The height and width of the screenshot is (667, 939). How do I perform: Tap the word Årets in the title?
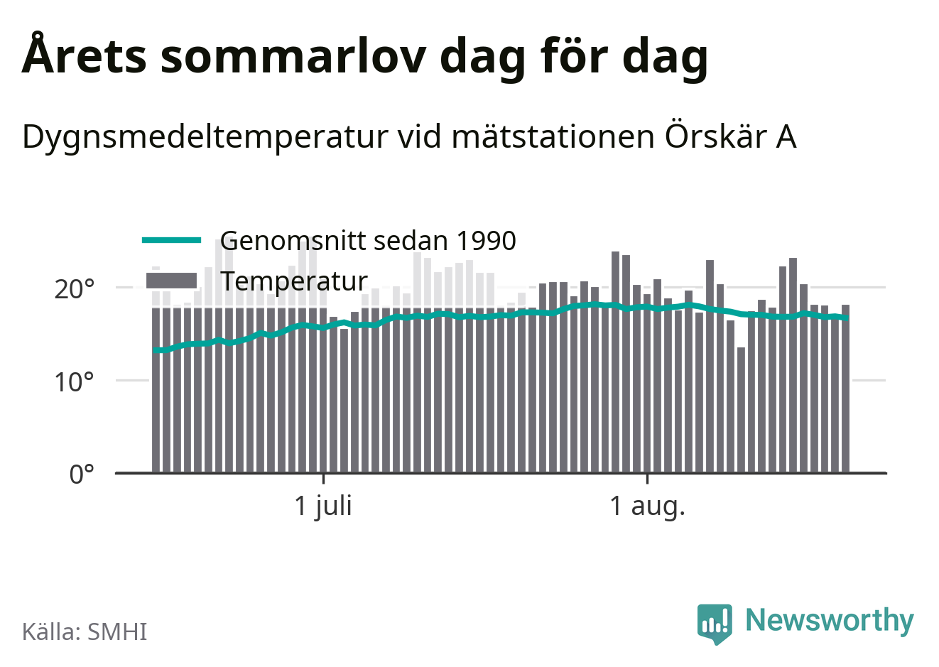pyautogui.click(x=84, y=53)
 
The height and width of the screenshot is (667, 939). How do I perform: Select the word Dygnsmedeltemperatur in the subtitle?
pyautogui.click(x=205, y=138)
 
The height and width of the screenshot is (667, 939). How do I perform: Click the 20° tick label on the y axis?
pyautogui.click(x=74, y=289)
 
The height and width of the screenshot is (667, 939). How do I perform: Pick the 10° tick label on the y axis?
pyautogui.click(x=74, y=382)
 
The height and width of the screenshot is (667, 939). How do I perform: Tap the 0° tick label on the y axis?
pyautogui.click(x=82, y=475)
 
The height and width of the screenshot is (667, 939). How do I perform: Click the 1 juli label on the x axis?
pyautogui.click(x=323, y=506)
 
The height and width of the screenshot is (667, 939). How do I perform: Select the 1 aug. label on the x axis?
pyautogui.click(x=647, y=506)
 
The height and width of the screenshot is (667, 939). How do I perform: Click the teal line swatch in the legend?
pyautogui.click(x=172, y=240)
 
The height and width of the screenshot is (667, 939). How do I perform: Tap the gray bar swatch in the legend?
pyautogui.click(x=171, y=281)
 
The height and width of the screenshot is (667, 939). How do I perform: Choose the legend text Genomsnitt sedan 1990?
pyautogui.click(x=368, y=241)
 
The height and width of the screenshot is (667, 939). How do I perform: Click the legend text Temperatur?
pyautogui.click(x=294, y=281)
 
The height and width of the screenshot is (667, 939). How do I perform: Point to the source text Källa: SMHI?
pyautogui.click(x=85, y=631)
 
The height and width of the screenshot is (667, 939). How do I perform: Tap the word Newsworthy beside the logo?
pyautogui.click(x=830, y=620)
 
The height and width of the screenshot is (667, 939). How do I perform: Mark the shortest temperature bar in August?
pyautogui.click(x=741, y=410)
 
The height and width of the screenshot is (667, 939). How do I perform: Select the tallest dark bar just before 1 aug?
pyautogui.click(x=615, y=362)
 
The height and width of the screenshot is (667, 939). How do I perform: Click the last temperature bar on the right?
pyautogui.click(x=845, y=389)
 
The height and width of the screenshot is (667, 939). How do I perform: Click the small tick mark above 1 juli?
pyautogui.click(x=323, y=479)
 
